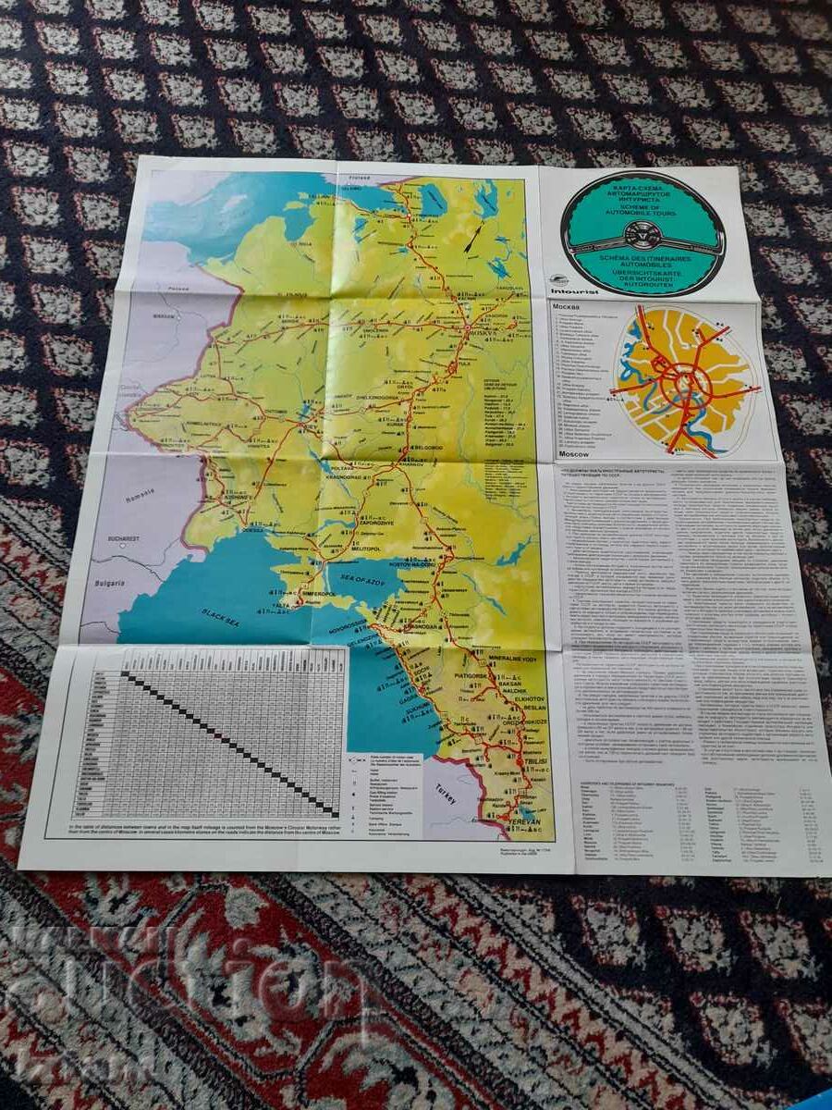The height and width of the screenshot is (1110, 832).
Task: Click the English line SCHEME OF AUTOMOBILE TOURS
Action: (x=643, y=212)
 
